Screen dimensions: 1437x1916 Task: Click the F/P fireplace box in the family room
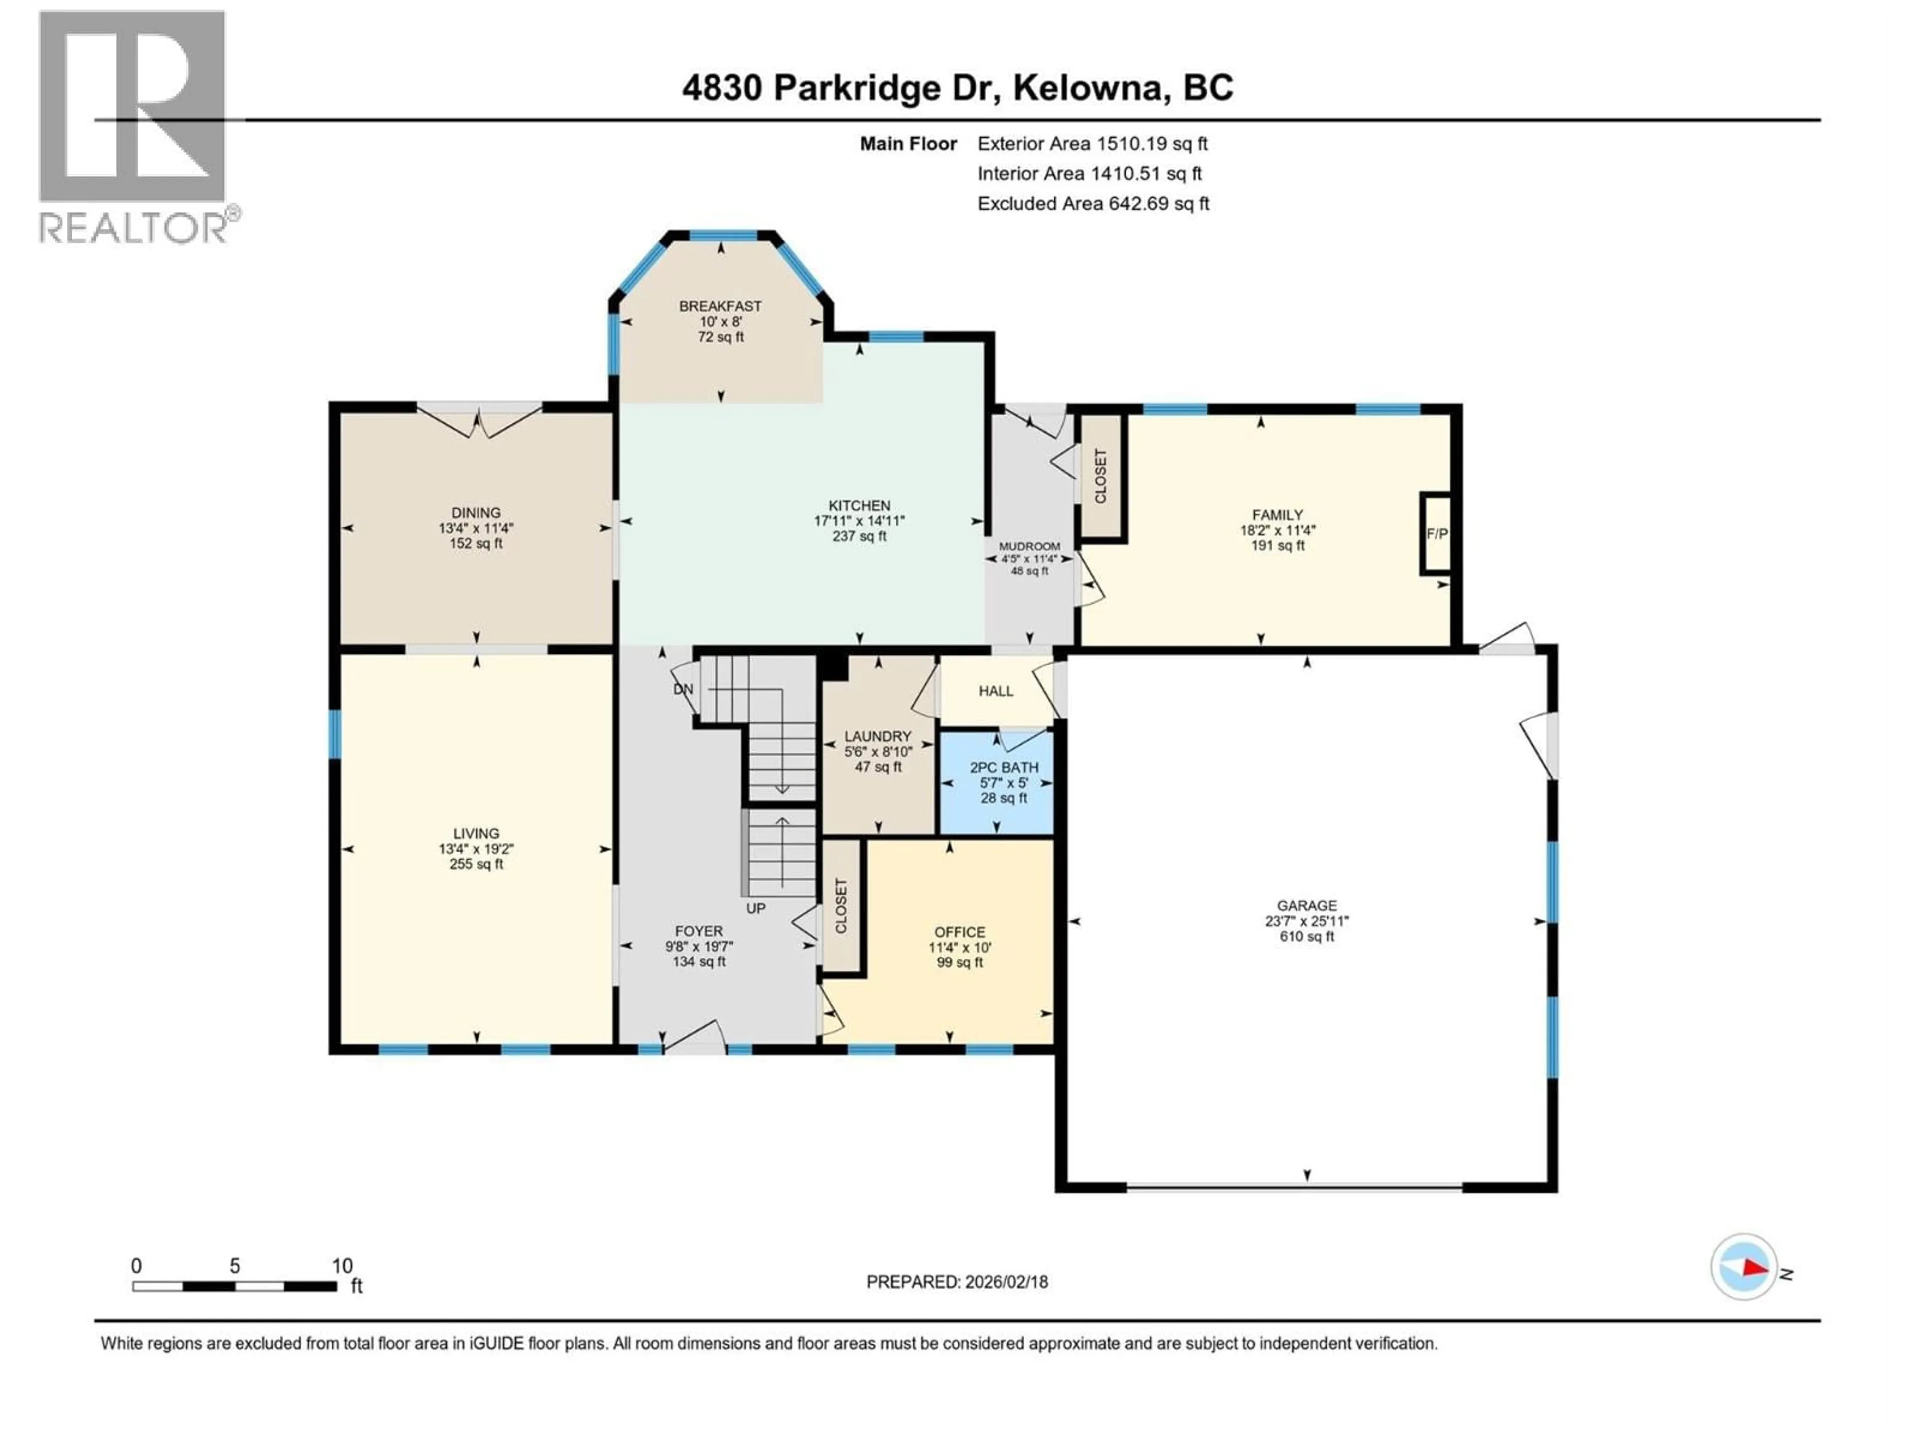[x=1436, y=533]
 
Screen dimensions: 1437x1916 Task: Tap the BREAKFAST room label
[x=720, y=306]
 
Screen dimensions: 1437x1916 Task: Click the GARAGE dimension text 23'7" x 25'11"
[x=1306, y=921]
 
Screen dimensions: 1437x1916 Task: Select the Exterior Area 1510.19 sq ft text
[x=1092, y=144]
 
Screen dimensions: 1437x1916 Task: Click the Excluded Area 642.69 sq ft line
[x=1093, y=204]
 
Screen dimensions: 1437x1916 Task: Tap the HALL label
[x=995, y=691]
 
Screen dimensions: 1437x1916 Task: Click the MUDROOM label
[x=1029, y=546]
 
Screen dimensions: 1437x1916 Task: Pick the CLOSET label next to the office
[x=840, y=906]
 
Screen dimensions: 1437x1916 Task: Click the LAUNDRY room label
[x=878, y=736]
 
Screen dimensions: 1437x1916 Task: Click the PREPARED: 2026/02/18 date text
[x=957, y=1282]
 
